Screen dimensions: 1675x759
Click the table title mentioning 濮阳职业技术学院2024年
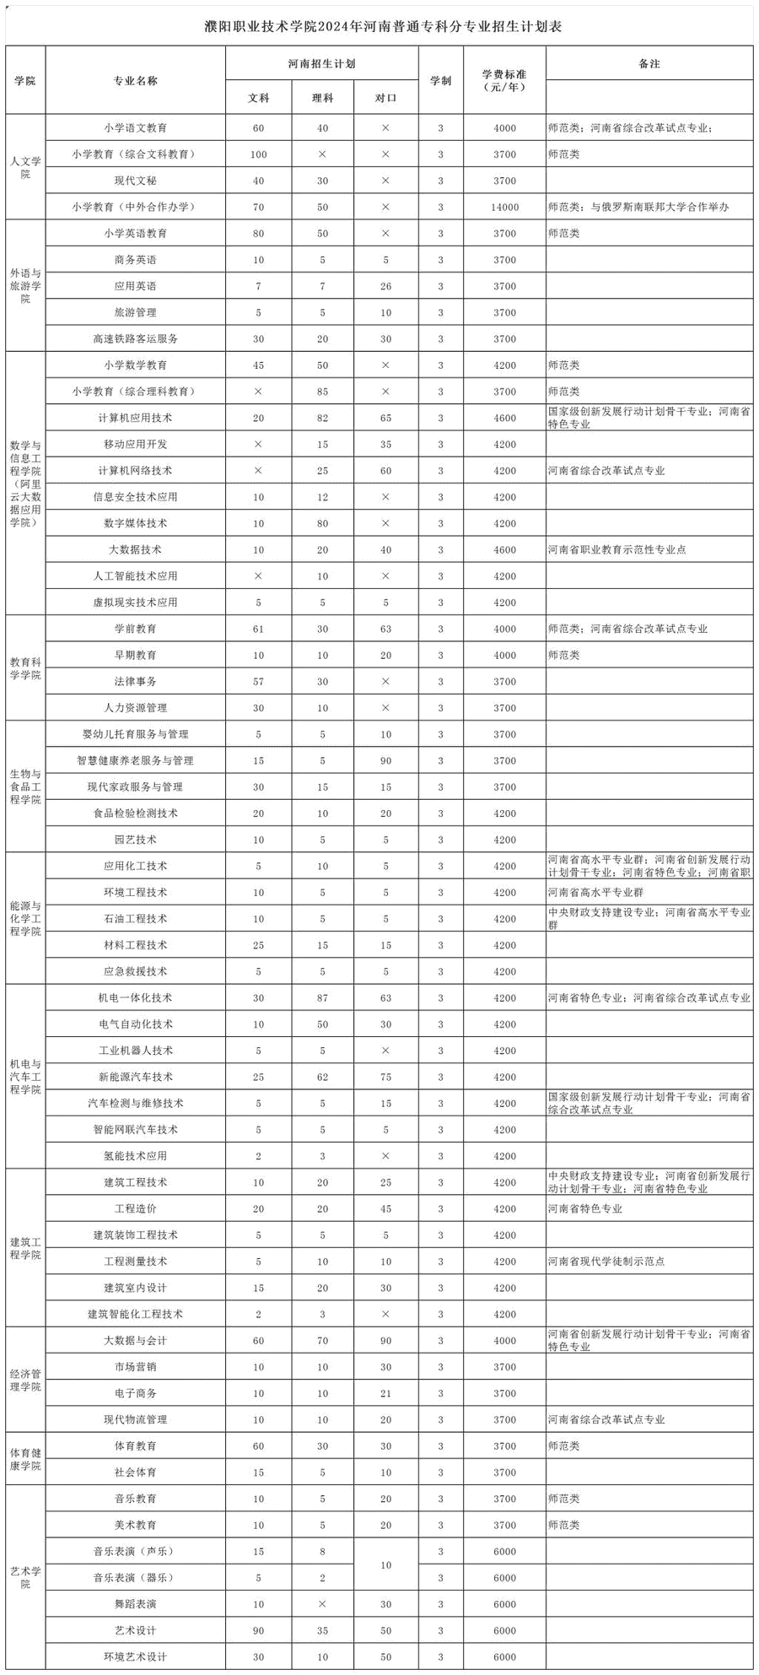tap(383, 26)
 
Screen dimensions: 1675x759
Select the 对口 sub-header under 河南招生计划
tap(385, 98)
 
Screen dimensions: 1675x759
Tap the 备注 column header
tap(649, 63)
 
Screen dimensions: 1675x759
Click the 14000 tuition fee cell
tap(504, 207)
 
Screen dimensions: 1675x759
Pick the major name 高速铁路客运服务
tap(136, 339)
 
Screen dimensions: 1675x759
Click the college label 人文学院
tap(25, 167)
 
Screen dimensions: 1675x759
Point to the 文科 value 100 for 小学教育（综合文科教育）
tap(258, 154)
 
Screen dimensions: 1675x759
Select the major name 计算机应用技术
tap(136, 418)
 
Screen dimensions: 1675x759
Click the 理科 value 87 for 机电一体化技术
tap(322, 998)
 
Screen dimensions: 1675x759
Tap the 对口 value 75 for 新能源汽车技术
tap(385, 1077)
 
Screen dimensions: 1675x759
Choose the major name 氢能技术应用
tap(136, 1156)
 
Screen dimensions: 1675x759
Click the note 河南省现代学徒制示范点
tap(606, 1262)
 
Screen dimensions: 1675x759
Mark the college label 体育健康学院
tap(25, 1459)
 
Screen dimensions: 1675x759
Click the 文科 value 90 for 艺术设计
tap(258, 1631)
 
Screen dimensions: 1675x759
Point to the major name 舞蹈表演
tap(136, 1604)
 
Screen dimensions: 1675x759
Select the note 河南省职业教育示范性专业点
tap(617, 549)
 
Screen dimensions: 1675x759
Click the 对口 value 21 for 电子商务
tap(385, 1393)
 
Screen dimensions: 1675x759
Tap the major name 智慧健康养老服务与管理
tap(136, 760)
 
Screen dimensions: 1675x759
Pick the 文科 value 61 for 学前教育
tap(258, 629)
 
